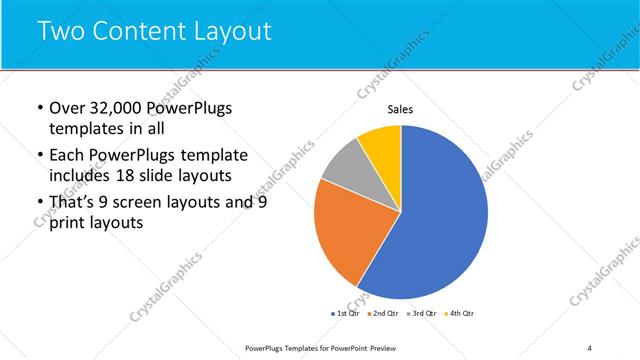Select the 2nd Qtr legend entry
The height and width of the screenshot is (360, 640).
click(384, 314)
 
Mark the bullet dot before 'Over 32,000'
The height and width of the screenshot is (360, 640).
click(38, 109)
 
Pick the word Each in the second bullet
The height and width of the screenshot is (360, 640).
click(68, 155)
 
